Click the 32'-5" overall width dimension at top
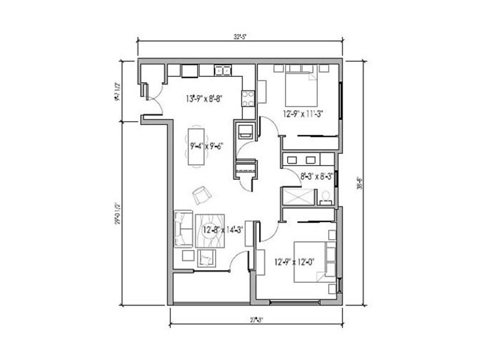[240, 37]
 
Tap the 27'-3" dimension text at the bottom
[256, 319]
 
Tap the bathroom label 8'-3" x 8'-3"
[317, 176]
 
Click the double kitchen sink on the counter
[223, 71]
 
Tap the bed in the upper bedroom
[300, 88]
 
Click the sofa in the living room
[183, 229]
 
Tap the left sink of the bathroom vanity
[293, 160]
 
